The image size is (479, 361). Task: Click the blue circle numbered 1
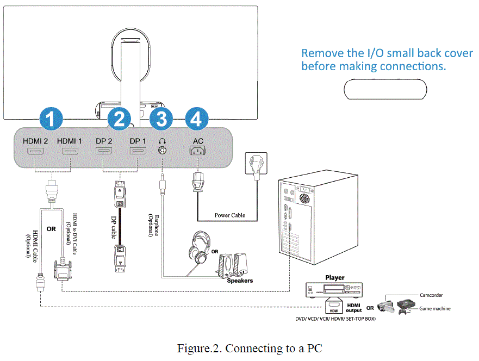coord(51,119)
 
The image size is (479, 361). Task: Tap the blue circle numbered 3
coord(161,119)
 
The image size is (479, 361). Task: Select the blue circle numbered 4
coord(197,119)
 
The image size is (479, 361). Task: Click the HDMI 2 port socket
coord(36,151)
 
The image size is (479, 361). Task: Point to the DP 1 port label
coord(138,141)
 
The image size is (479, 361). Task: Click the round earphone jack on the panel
coord(162,150)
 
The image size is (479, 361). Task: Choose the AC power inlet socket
coord(198,151)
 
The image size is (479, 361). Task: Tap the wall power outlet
coord(256,163)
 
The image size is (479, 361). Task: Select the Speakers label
coord(240,281)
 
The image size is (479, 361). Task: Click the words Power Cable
coord(230,215)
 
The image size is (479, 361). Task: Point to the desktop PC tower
coord(318,217)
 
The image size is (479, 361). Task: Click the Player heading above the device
coord(335,278)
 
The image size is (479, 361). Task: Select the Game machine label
coord(435,308)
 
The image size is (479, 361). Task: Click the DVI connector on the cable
coord(63,270)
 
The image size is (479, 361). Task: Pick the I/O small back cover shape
coord(385,89)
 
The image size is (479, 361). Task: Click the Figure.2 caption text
coord(250,348)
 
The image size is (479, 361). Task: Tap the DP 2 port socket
coord(104,151)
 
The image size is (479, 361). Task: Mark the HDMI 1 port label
coord(70,141)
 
